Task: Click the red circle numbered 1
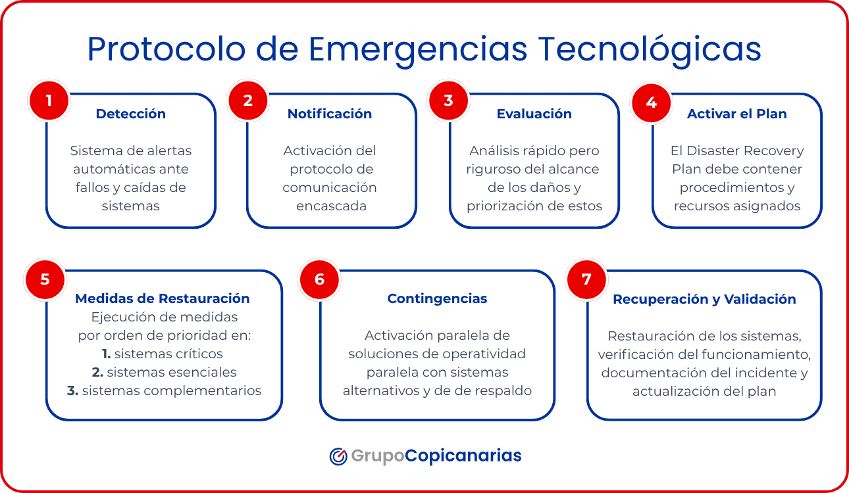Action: coord(49,101)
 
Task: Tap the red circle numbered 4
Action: coord(651,102)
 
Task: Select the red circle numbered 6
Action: coord(319,279)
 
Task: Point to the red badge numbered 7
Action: coord(586,279)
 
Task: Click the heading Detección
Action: coord(130,114)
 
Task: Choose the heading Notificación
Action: coord(330,114)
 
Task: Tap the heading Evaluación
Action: coord(534,114)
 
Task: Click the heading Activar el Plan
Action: coord(736,114)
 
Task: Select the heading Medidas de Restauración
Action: coord(163,298)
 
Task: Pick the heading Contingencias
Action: coord(437,298)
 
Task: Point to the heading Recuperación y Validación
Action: coord(704,299)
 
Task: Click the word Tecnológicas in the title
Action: coord(650,50)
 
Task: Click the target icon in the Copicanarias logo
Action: coord(338,456)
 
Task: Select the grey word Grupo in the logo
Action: coord(377,456)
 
